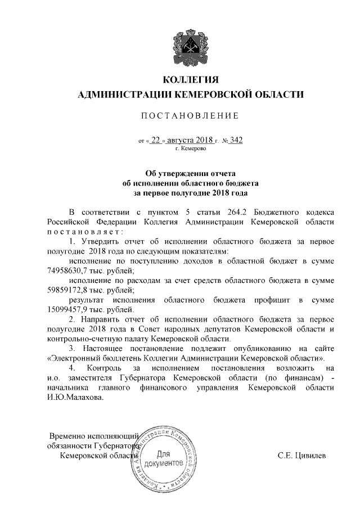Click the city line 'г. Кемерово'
tap(190, 148)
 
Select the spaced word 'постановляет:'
tap(83, 231)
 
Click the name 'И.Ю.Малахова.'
tap(75, 397)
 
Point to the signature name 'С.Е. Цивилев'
tap(301, 456)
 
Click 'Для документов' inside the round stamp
tap(164, 458)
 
